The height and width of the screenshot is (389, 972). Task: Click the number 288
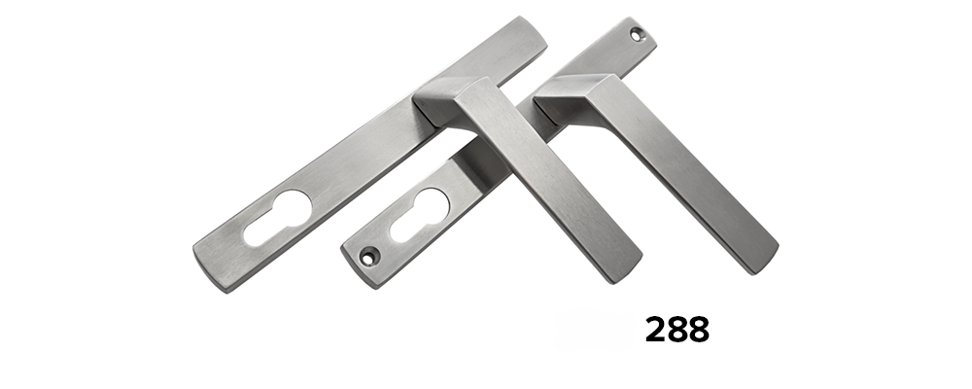(x=677, y=330)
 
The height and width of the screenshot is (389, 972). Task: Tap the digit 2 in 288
(x=655, y=330)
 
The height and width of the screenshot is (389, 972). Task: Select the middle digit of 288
(x=677, y=330)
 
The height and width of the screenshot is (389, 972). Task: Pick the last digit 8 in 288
(x=699, y=330)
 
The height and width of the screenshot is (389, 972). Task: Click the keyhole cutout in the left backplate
(x=277, y=218)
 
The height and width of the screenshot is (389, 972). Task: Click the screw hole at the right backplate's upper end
(x=638, y=35)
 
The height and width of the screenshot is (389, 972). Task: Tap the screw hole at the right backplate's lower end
(x=368, y=256)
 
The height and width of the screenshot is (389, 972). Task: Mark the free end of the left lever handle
(x=623, y=266)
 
